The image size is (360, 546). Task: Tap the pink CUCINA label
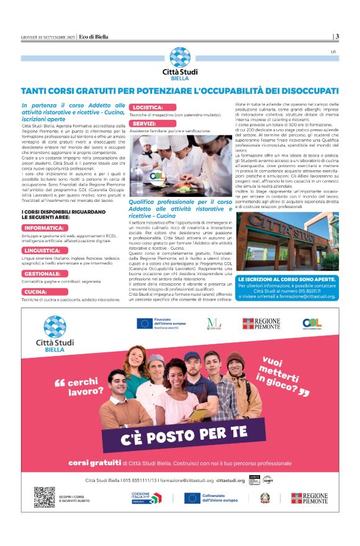(35, 291)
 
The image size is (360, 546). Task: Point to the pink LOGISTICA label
(150, 107)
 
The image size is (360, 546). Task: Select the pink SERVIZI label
(144, 124)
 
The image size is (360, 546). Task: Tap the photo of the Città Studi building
(287, 241)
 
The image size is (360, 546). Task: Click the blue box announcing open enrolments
(287, 288)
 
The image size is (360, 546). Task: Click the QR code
(45, 498)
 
